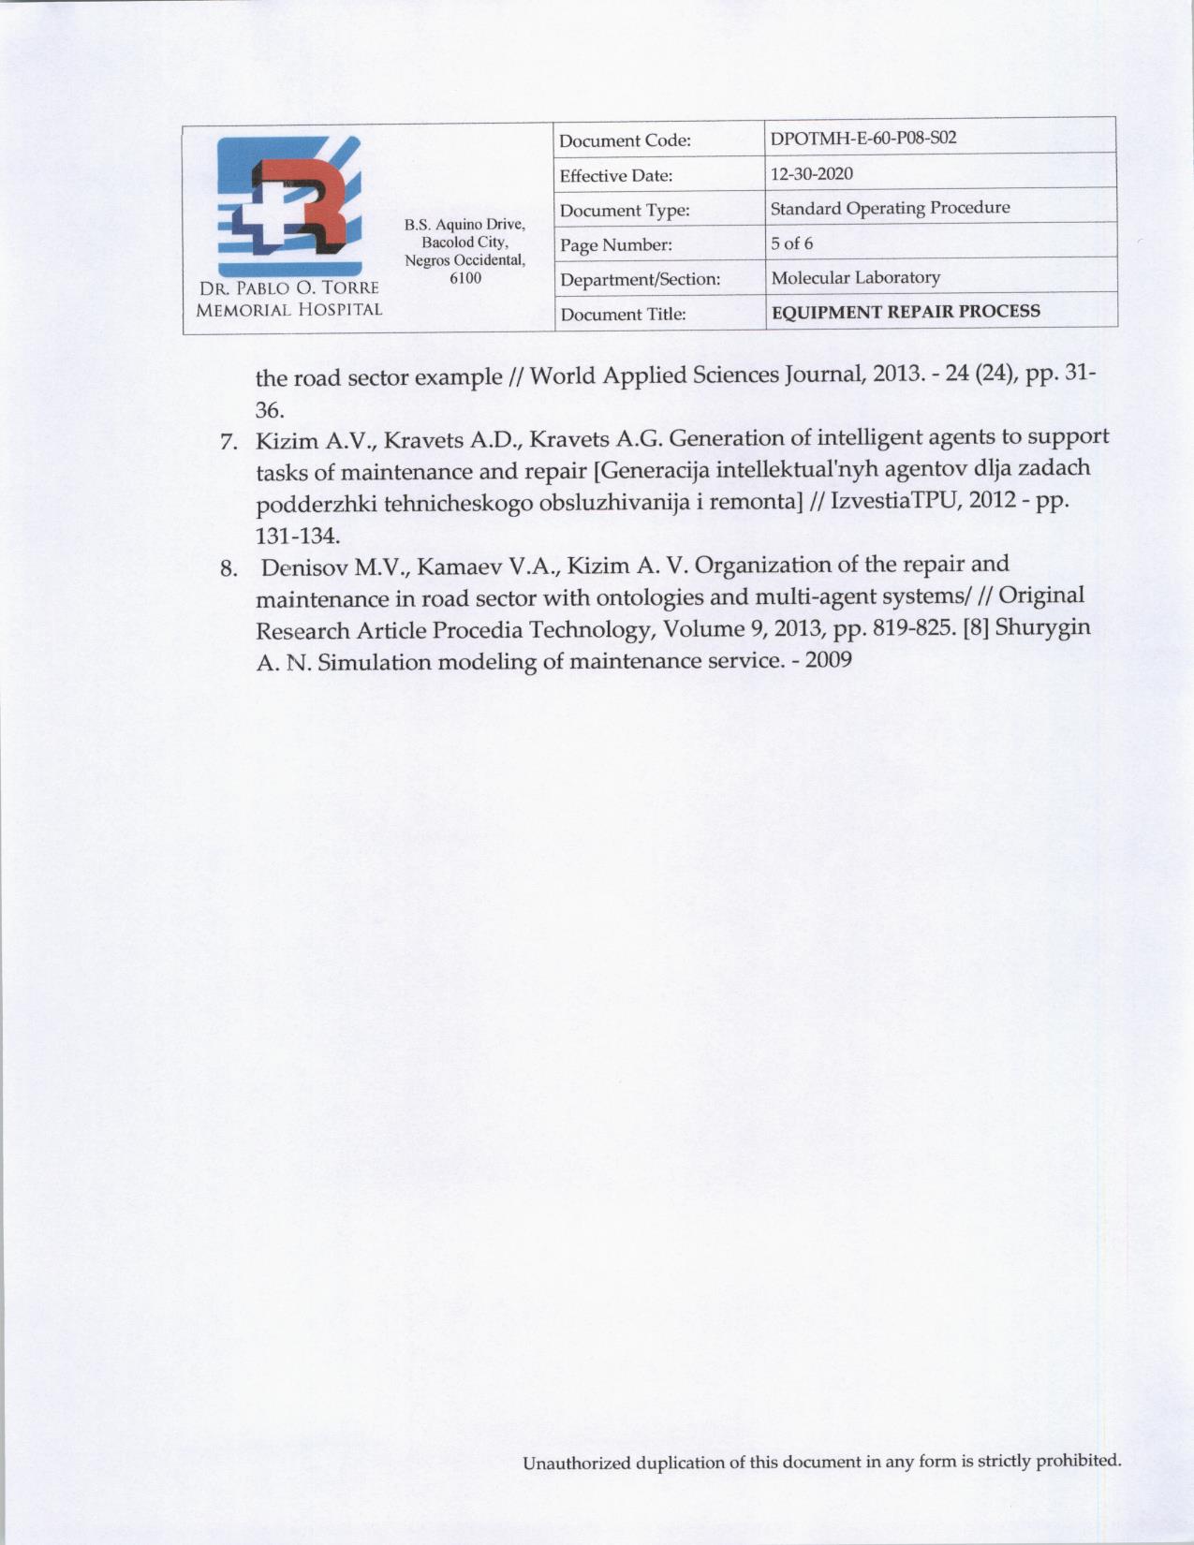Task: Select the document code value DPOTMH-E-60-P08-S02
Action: point(862,139)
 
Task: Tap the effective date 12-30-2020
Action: point(811,173)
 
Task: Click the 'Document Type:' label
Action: point(625,211)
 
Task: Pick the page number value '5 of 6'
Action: point(791,243)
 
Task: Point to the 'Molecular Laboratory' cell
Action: point(855,277)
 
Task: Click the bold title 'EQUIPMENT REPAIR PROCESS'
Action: point(905,312)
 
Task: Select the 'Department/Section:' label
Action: point(640,279)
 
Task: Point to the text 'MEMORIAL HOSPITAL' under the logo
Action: point(288,310)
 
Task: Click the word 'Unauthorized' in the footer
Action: point(576,1462)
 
